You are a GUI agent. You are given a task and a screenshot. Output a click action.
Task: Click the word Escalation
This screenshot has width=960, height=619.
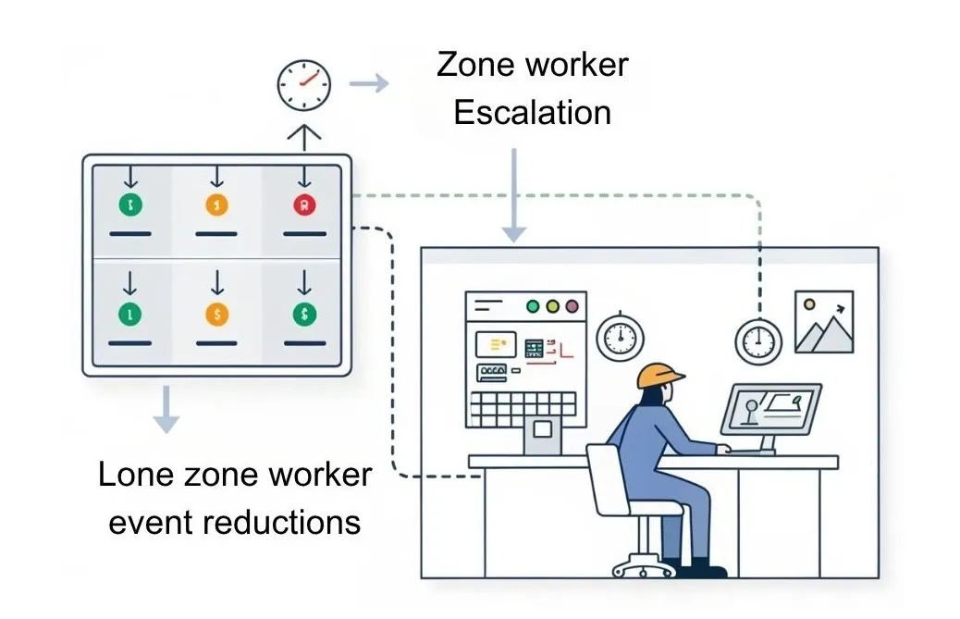533,113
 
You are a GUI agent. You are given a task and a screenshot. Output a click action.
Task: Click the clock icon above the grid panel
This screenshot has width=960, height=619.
303,86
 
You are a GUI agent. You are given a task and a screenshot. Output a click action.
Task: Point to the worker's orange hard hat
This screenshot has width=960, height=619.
659,373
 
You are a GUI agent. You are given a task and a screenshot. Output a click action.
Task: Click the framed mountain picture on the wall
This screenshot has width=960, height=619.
824,322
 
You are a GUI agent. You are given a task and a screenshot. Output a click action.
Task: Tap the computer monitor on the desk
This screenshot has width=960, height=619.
770,410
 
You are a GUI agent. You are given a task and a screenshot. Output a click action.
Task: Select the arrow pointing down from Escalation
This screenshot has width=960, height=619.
514,194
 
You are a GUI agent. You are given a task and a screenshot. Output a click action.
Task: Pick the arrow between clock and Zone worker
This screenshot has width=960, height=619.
369,84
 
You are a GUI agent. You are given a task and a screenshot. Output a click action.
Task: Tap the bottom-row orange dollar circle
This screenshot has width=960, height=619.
216,315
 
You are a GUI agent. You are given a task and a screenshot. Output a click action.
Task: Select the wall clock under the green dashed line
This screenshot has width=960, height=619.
758,340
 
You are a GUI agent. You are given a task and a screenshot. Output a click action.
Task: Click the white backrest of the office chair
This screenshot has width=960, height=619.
613,479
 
